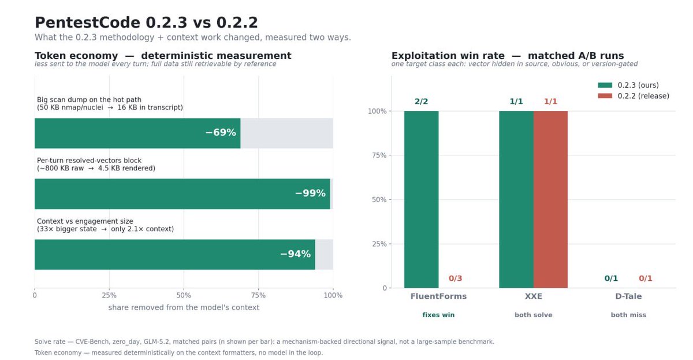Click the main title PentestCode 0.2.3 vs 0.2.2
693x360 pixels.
(x=146, y=23)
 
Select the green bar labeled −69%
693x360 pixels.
(x=137, y=133)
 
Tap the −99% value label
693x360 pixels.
(x=310, y=193)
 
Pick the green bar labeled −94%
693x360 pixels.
(x=175, y=254)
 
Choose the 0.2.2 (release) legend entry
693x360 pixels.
(x=634, y=96)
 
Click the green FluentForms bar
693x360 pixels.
(x=422, y=199)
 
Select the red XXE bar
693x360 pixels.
(x=551, y=199)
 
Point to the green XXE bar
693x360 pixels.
(x=516, y=199)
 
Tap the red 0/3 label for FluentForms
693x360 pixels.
(x=456, y=279)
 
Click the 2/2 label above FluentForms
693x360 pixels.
(x=422, y=101)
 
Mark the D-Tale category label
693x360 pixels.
(x=628, y=296)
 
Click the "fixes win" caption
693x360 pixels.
(x=438, y=315)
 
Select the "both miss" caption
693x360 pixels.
(x=628, y=315)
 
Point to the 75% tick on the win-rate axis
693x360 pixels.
(x=379, y=155)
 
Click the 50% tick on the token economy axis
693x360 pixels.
(x=184, y=295)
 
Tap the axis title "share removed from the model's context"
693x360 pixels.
(x=184, y=307)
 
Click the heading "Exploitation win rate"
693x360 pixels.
(x=448, y=55)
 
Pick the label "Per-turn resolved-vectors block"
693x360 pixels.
(x=89, y=160)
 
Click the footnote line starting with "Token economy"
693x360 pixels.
(x=178, y=352)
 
